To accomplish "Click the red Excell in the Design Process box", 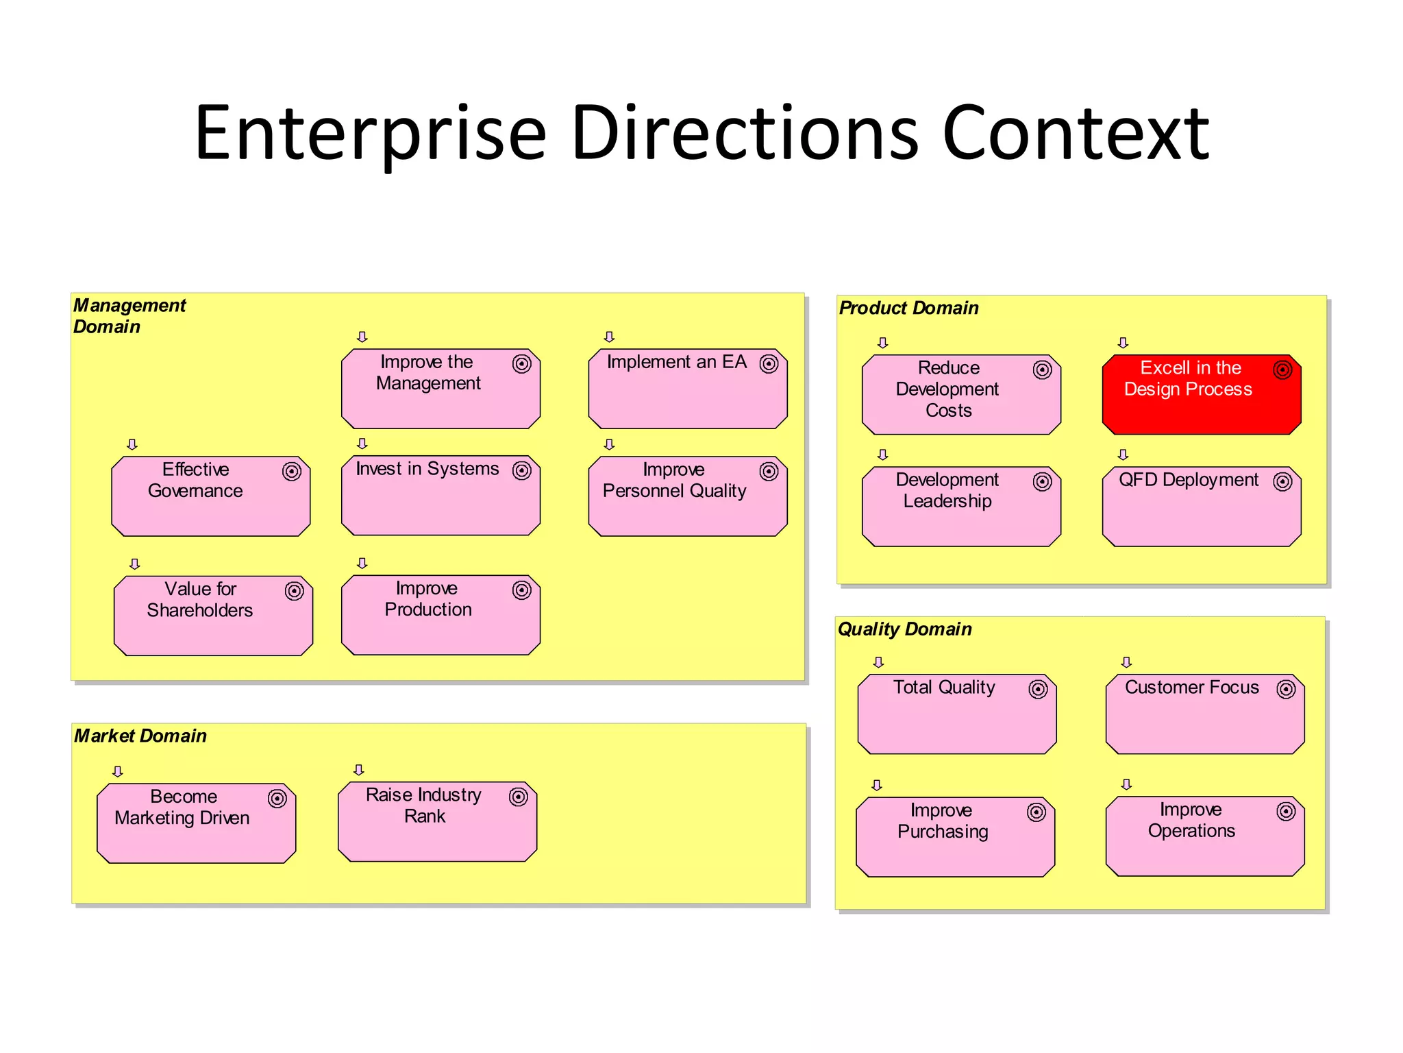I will click(x=1201, y=394).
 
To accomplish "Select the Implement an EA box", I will click(x=687, y=389).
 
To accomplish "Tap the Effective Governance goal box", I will click(x=210, y=496).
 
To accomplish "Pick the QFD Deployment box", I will click(x=1201, y=507).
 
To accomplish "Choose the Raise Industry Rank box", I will click(x=437, y=821).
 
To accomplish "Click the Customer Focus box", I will click(x=1204, y=714).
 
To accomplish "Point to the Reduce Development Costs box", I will click(x=960, y=394).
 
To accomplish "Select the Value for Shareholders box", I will click(x=213, y=616).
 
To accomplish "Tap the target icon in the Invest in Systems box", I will click(x=522, y=470).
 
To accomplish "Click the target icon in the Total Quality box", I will click(x=1038, y=689).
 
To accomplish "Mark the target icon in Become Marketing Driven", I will click(x=277, y=798).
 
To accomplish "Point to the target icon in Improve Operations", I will click(x=1286, y=812).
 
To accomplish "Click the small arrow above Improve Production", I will click(x=362, y=563).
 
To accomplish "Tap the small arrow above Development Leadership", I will click(x=882, y=455).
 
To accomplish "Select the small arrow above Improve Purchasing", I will click(x=877, y=785).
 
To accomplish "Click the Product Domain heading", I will click(x=908, y=308).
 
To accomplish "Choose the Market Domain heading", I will click(x=140, y=736).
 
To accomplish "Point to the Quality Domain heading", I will click(x=904, y=629).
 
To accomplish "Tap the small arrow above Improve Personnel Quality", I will click(x=609, y=444).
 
